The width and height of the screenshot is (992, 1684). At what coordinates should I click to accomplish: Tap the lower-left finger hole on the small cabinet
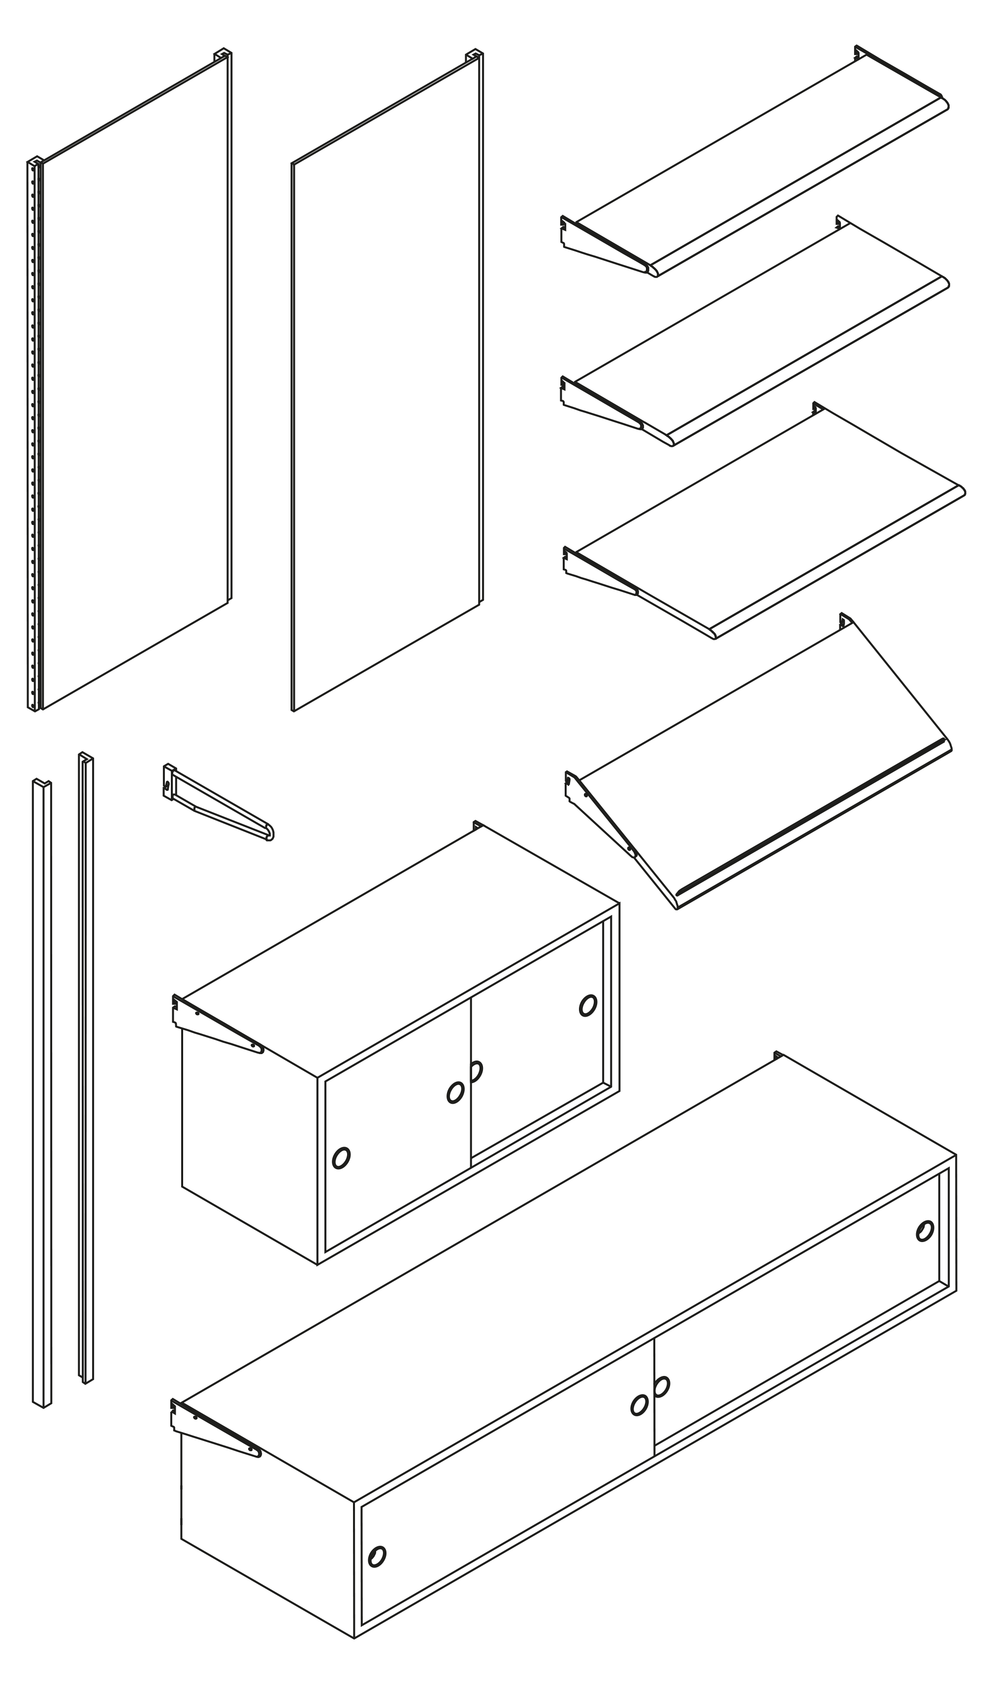click(x=341, y=1158)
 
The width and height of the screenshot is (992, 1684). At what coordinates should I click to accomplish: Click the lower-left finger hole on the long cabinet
click(x=377, y=1538)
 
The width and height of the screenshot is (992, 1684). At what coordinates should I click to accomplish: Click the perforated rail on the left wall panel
click(x=33, y=435)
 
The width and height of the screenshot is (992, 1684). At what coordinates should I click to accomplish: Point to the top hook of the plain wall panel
click(x=475, y=56)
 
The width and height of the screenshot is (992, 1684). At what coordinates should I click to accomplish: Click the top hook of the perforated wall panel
click(x=223, y=55)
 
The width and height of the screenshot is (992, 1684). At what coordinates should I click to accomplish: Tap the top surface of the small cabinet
click(x=401, y=949)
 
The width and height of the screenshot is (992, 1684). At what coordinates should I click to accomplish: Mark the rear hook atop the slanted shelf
click(x=846, y=620)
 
